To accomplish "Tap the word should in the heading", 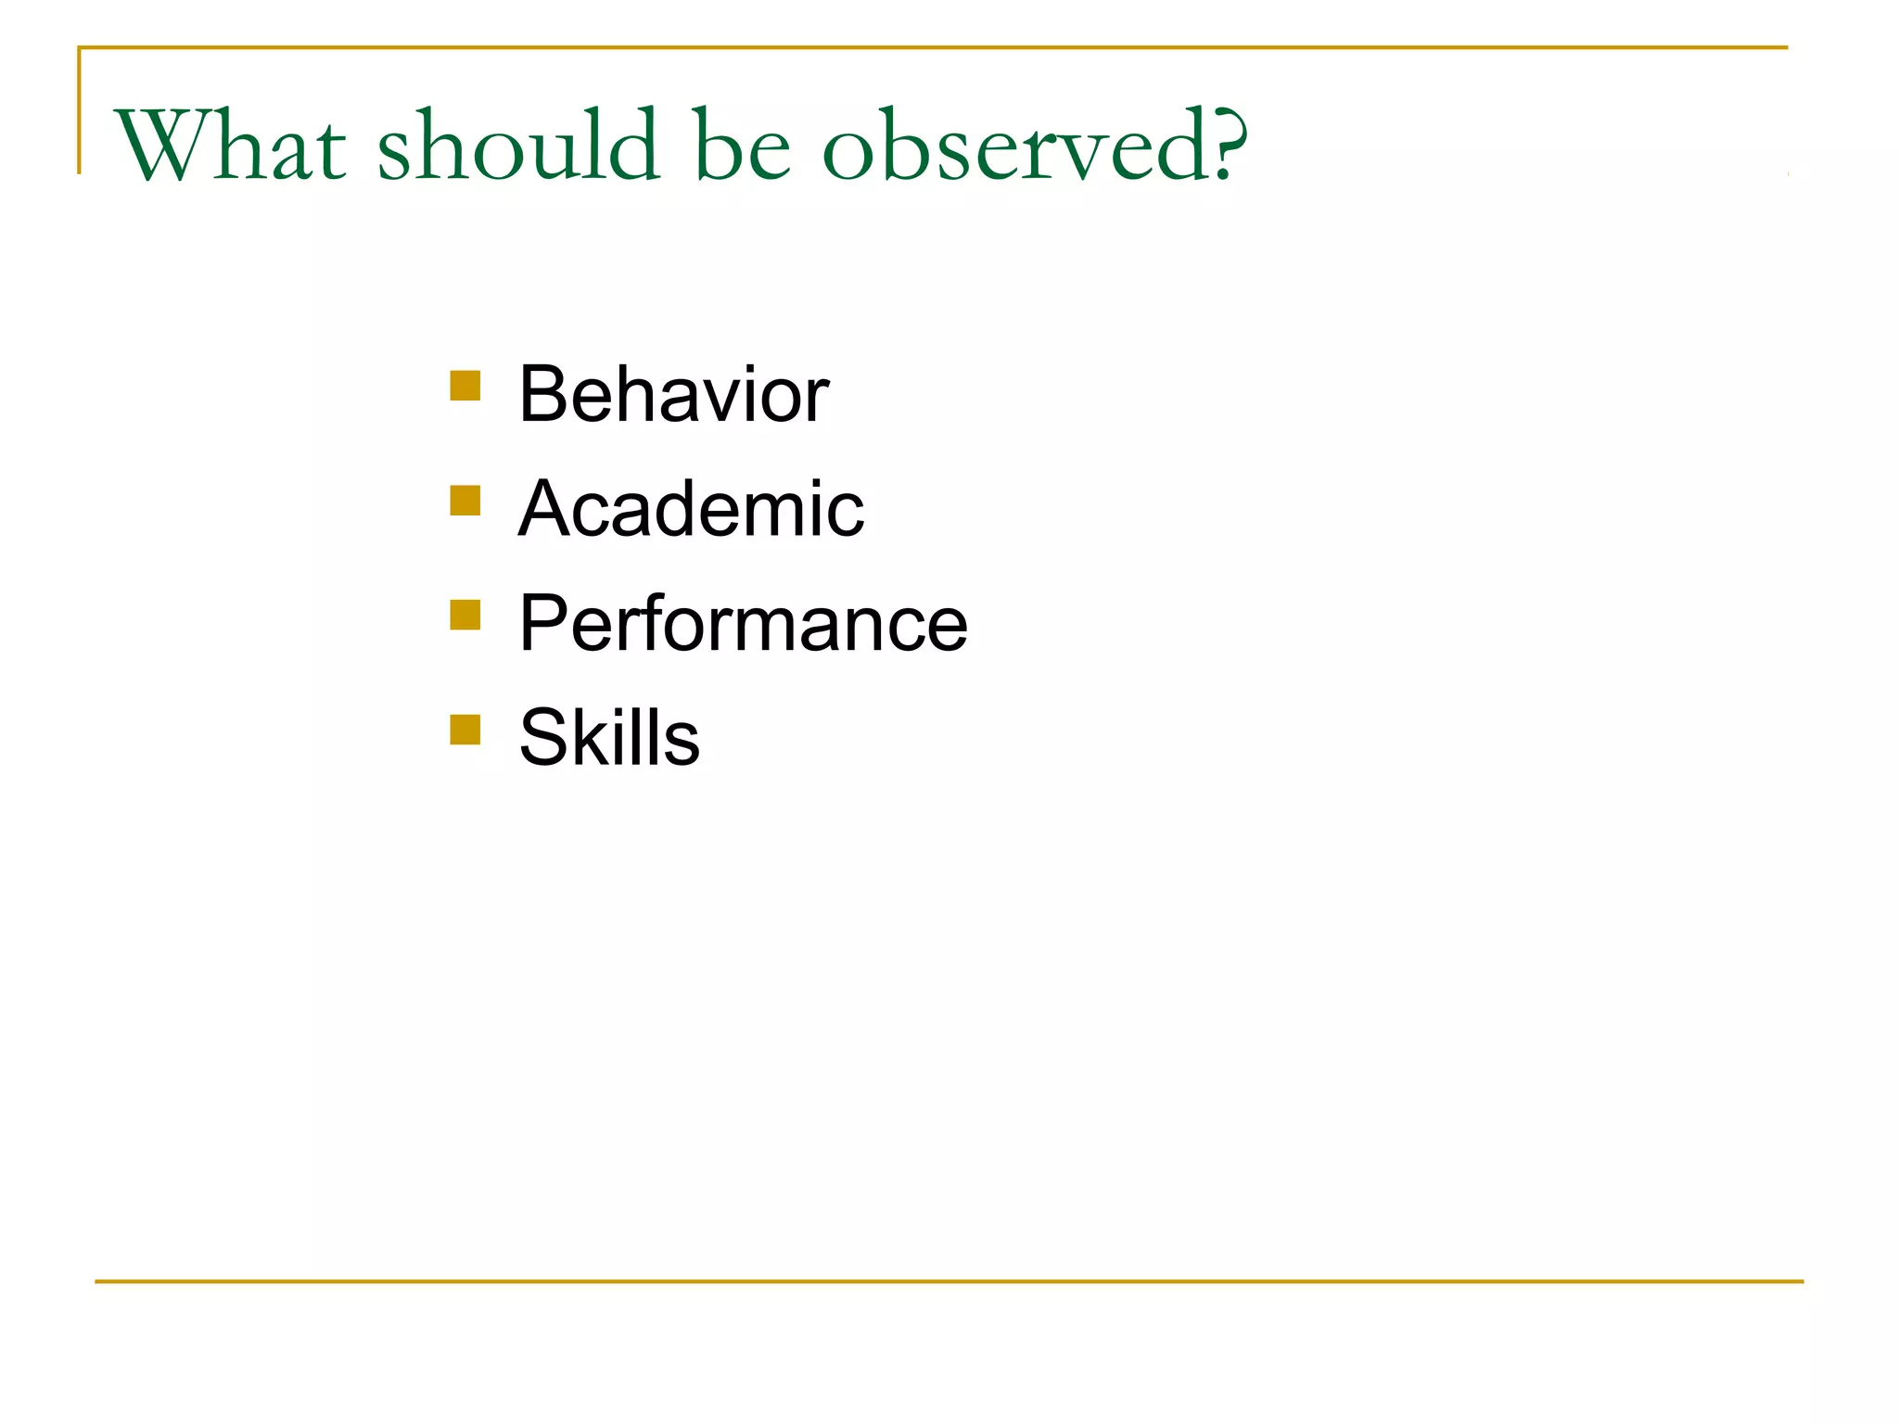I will [517, 146].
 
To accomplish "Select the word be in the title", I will [742, 146].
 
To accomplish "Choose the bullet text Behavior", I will [673, 395].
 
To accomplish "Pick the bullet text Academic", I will [691, 509].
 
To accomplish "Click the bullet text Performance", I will [743, 624].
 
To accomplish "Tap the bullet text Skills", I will [609, 738].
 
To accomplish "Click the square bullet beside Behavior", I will [465, 386].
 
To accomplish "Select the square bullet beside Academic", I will [465, 501].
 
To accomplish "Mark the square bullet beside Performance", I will [465, 615].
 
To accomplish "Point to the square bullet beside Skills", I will [465, 730].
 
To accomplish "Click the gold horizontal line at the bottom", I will [949, 1281].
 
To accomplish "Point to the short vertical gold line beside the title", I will [79, 111].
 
